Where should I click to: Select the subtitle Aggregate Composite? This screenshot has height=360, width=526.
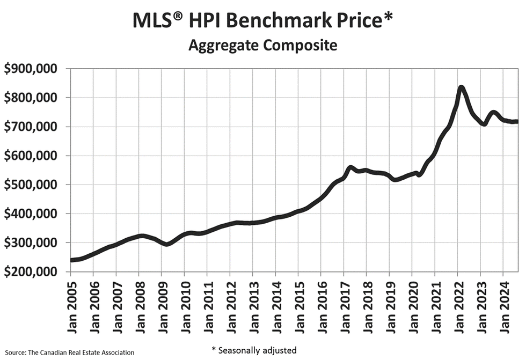(x=262, y=46)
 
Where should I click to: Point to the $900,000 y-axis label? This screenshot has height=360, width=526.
(x=34, y=69)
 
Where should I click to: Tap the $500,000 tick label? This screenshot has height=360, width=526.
(x=34, y=185)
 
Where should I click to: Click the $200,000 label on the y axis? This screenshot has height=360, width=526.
(x=34, y=272)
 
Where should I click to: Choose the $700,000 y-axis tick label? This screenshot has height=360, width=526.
(x=34, y=127)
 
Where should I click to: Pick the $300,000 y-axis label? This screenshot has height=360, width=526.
(x=34, y=243)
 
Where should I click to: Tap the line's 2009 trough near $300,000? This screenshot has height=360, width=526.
(x=167, y=244)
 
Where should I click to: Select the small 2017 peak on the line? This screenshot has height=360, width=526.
(x=351, y=168)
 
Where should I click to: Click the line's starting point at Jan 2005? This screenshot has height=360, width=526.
(x=71, y=260)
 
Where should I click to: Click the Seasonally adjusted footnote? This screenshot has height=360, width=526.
(x=254, y=350)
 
